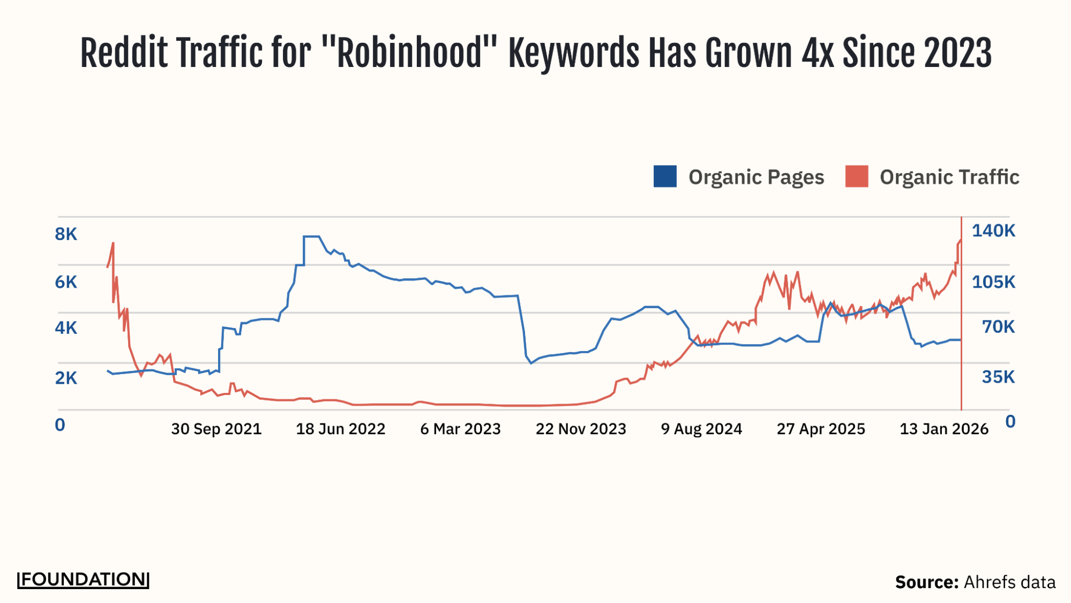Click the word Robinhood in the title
[410, 53]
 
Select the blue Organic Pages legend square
[665, 176]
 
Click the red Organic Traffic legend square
[856, 176]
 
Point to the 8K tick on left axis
[66, 234]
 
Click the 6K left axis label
[66, 282]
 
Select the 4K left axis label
[66, 327]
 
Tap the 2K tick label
[66, 378]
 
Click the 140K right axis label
[993, 230]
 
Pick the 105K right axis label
[993, 282]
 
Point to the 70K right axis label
[998, 326]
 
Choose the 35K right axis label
[998, 377]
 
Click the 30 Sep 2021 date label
[216, 429]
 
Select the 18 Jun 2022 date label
[341, 429]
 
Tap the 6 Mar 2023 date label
[460, 429]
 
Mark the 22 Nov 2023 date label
[581, 429]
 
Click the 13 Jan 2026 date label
[943, 429]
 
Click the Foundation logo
[83, 579]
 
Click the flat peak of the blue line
[312, 236]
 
